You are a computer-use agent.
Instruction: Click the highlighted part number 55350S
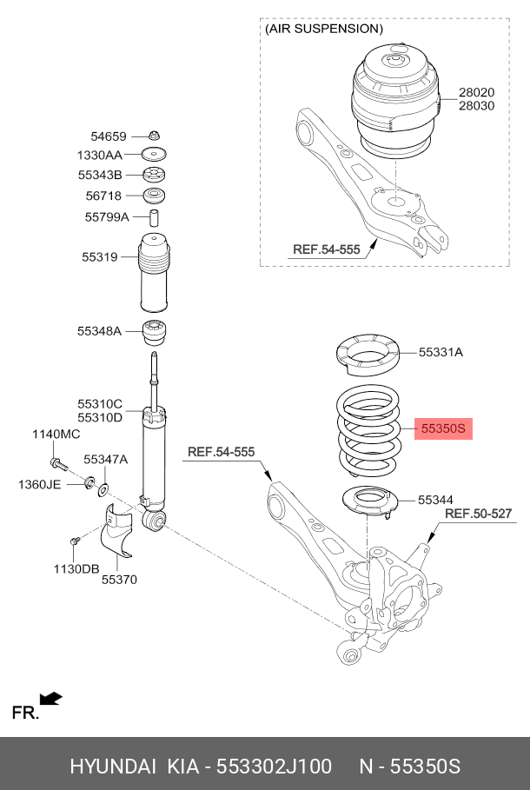coord(443,428)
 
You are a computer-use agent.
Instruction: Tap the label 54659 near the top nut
coord(109,136)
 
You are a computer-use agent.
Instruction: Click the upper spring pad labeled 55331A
coord(368,356)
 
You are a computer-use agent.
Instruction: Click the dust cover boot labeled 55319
coord(154,272)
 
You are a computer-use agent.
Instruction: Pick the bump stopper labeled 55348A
coord(156,333)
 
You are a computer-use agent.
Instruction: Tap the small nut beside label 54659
coord(154,136)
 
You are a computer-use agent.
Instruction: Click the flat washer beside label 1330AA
coord(154,154)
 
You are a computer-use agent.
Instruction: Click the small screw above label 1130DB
coord(75,541)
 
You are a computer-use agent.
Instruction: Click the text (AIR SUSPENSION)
coord(324,29)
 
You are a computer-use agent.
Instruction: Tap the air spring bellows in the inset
coord(395,101)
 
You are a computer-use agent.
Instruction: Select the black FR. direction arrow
coord(51,699)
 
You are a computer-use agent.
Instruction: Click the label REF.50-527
coord(479,514)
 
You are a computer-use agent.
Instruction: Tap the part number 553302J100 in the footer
coord(274,767)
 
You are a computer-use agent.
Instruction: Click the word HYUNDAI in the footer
coord(113,767)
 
